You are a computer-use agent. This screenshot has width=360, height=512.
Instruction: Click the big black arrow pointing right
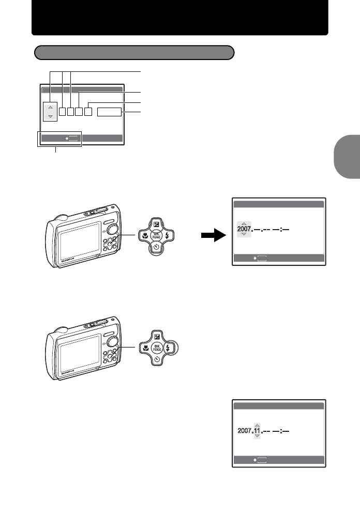tap(213, 236)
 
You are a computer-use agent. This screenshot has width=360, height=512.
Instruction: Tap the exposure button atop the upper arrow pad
tap(156, 223)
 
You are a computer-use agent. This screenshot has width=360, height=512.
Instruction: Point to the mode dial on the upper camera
tap(115, 229)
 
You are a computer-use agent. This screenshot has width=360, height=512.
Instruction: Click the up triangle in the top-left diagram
tap(50, 107)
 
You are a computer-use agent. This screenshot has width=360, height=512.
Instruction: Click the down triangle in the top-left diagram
tap(50, 116)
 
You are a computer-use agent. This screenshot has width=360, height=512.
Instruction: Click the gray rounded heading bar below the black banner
tap(134, 53)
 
